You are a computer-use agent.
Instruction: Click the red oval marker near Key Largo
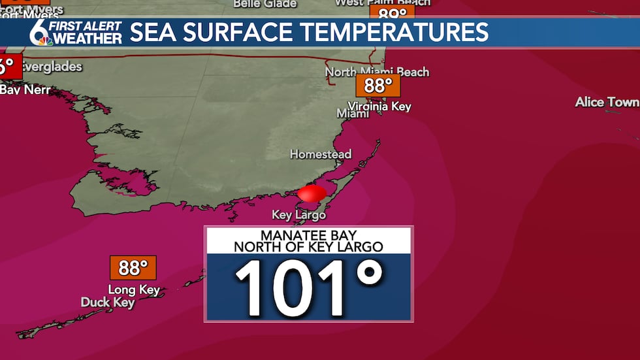(x=312, y=193)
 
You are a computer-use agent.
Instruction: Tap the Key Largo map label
(x=298, y=215)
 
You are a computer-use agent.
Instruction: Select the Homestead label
(x=321, y=155)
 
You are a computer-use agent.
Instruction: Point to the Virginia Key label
(x=379, y=106)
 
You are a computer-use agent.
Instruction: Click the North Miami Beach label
(x=377, y=71)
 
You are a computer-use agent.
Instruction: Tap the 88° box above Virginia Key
(x=377, y=86)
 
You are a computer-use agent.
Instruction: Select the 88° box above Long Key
(x=133, y=268)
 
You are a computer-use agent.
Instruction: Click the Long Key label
(x=134, y=289)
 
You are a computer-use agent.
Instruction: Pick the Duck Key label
(x=108, y=302)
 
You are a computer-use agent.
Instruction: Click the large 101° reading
(x=308, y=287)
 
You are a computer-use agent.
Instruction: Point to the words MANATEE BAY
(x=308, y=235)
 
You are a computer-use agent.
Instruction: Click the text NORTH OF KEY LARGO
(x=308, y=247)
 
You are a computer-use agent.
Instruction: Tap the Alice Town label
(x=607, y=102)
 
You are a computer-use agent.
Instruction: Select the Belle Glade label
(x=264, y=4)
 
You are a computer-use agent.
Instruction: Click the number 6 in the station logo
(x=39, y=31)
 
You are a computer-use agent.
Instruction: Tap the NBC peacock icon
(x=46, y=41)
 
